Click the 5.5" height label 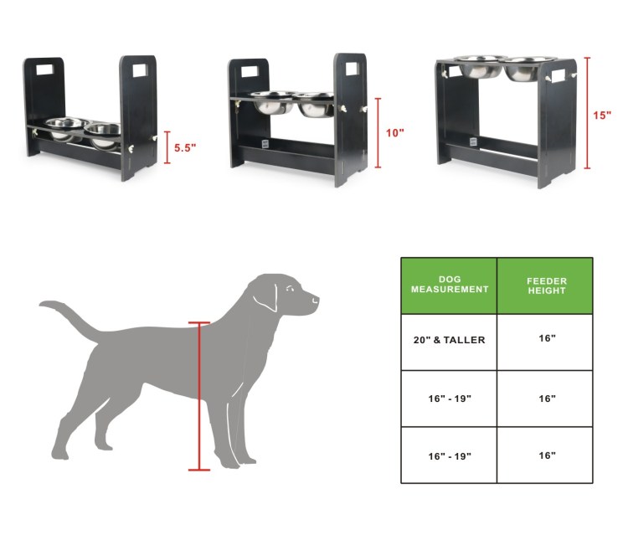[x=185, y=147]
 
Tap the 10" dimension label [x=395, y=133]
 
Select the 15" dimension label [x=602, y=116]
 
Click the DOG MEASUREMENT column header [x=450, y=285]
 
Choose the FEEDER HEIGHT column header [x=547, y=286]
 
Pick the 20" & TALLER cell [x=449, y=340]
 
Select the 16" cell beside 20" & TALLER [x=547, y=338]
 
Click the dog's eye [x=290, y=288]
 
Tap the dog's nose [x=317, y=299]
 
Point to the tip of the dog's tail [x=40, y=305]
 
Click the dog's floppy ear [x=266, y=296]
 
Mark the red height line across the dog [x=199, y=396]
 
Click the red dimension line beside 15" [x=587, y=113]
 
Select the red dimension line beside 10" [x=378, y=132]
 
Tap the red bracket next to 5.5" [x=167, y=147]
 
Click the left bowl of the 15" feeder [x=480, y=67]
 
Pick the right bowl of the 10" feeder [x=317, y=104]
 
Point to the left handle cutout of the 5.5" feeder [x=44, y=69]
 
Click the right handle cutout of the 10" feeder [x=352, y=69]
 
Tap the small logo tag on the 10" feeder [x=265, y=144]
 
